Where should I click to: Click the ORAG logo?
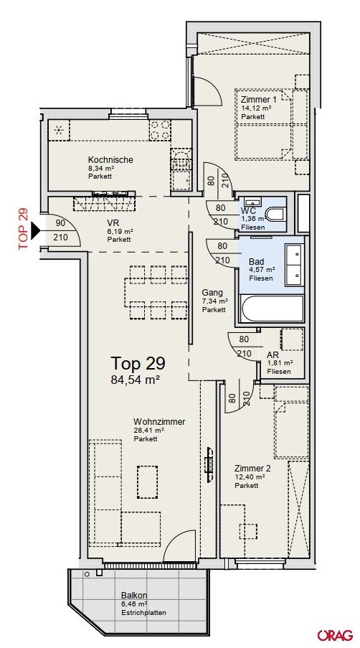click(335, 634)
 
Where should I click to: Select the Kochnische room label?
click(110, 160)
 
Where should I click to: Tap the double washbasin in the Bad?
click(295, 265)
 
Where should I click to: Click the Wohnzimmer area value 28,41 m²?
click(149, 431)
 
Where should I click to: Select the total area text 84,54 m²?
click(135, 380)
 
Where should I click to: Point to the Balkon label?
click(134, 596)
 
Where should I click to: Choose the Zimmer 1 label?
click(260, 99)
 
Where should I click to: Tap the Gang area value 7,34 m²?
click(214, 301)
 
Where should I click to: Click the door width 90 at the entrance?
click(60, 222)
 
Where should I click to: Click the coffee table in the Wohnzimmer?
click(147, 479)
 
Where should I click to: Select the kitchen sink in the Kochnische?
click(181, 158)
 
